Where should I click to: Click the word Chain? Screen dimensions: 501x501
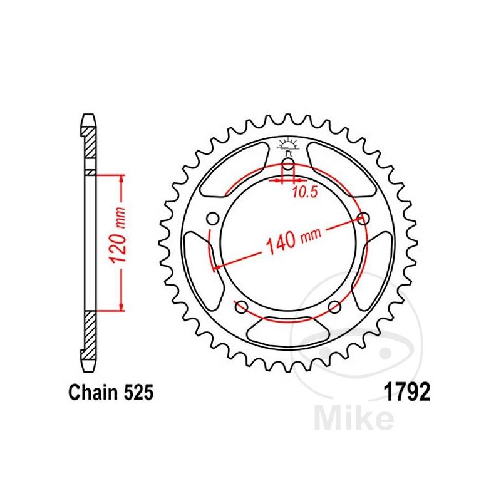tap(93, 392)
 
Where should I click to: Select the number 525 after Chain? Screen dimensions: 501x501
tap(138, 392)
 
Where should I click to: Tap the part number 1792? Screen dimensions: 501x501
tap(408, 392)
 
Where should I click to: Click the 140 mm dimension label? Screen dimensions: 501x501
tap(293, 238)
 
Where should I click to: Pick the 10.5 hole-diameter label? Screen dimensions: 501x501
tap(305, 192)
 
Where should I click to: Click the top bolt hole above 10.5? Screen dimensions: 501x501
tap(288, 165)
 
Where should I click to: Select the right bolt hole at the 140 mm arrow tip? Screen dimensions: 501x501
tap(363, 219)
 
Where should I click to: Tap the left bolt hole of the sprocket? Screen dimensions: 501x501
tap(213, 219)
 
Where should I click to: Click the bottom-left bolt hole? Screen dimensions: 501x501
tap(242, 307)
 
